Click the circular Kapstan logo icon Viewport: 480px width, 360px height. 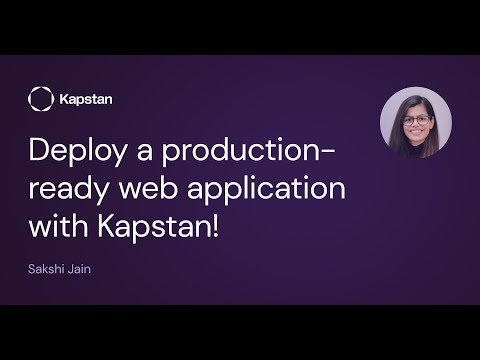tap(41, 99)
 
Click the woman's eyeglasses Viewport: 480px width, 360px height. tap(416, 119)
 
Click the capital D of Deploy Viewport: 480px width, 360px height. tap(39, 154)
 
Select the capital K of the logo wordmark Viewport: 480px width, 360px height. tap(64, 99)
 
